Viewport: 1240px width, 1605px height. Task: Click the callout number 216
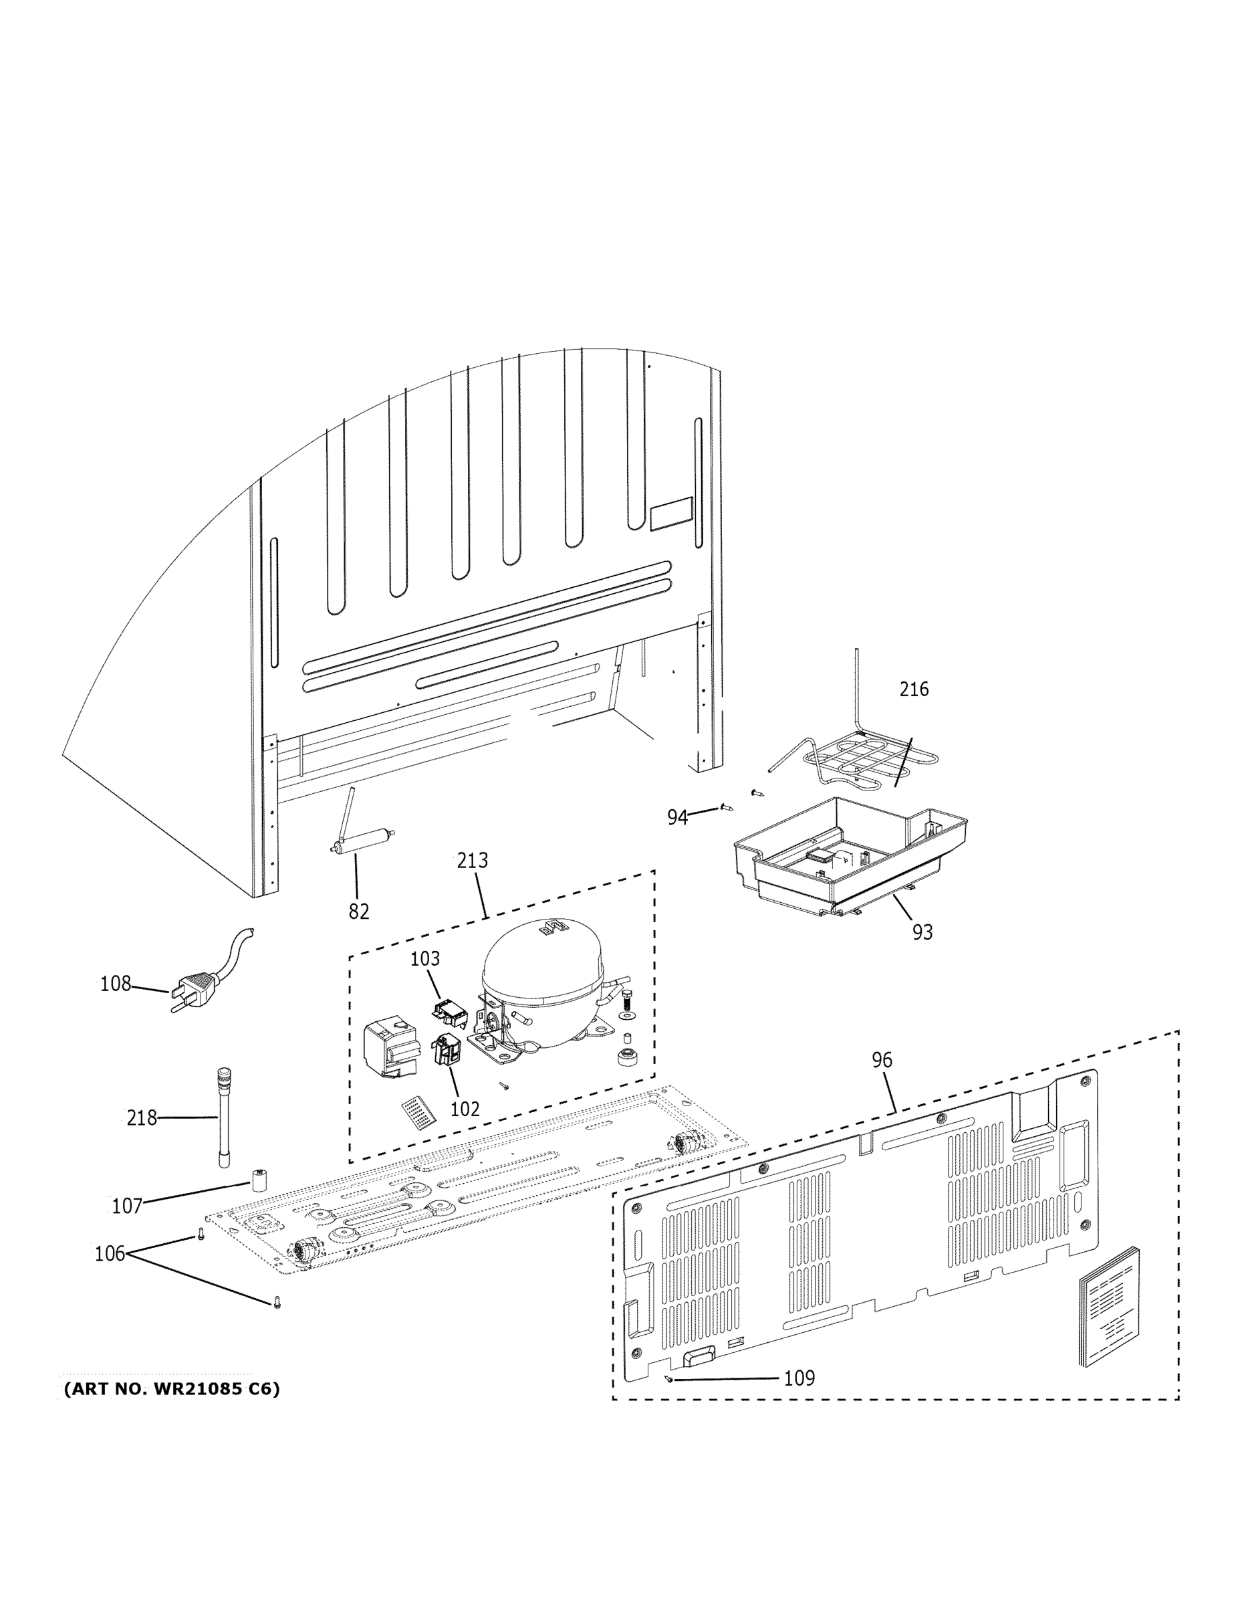pyautogui.click(x=914, y=689)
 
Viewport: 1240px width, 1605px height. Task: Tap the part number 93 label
pyautogui.click(x=922, y=932)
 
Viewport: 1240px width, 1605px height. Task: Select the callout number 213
pyautogui.click(x=472, y=860)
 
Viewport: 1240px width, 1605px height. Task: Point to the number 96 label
pyautogui.click(x=882, y=1060)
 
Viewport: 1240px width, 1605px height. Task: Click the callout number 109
pyautogui.click(x=799, y=1378)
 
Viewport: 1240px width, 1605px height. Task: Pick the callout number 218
pyautogui.click(x=142, y=1117)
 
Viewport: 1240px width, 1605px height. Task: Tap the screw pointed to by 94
pyautogui.click(x=727, y=807)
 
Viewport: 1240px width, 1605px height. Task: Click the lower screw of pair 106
pyautogui.click(x=277, y=1301)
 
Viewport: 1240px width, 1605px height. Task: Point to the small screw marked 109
pyautogui.click(x=668, y=1378)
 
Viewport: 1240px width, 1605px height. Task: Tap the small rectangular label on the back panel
pyautogui.click(x=670, y=513)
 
